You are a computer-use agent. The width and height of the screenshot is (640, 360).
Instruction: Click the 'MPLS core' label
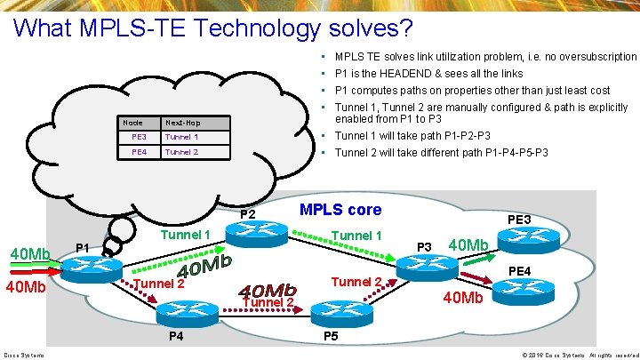[x=340, y=210]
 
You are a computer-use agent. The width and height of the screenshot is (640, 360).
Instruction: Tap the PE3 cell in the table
[x=139, y=137]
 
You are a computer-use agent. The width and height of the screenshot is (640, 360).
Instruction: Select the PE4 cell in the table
[x=139, y=152]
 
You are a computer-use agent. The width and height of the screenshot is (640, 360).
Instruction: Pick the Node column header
[x=132, y=122]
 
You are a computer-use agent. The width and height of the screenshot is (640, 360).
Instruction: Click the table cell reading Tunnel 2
[x=181, y=152]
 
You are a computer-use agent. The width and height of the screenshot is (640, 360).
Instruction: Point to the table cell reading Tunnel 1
[x=181, y=137]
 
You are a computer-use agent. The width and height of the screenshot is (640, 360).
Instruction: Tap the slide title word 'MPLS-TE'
[x=135, y=28]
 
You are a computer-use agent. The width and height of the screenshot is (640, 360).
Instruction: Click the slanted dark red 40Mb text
[x=267, y=291]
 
